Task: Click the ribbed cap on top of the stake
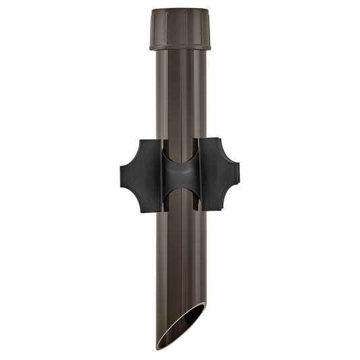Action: (x=180, y=27)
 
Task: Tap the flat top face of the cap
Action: (x=180, y=10)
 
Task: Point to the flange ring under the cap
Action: (x=180, y=47)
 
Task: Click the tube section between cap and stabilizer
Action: (x=180, y=95)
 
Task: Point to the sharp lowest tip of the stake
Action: (x=159, y=347)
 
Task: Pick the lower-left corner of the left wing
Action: (x=141, y=211)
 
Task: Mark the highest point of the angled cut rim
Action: (x=204, y=305)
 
